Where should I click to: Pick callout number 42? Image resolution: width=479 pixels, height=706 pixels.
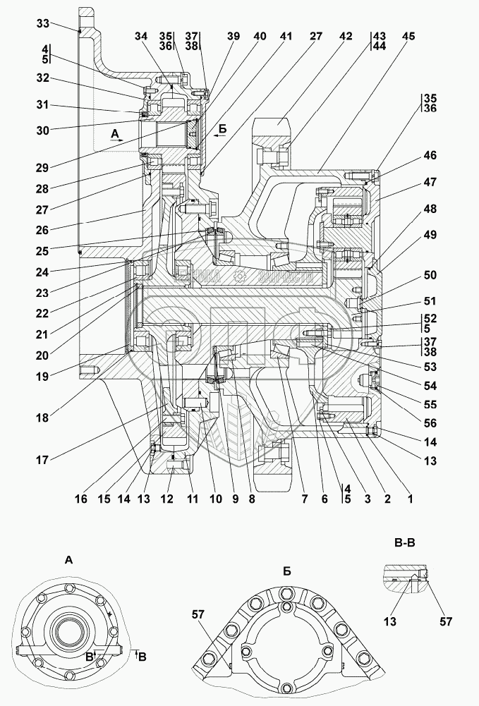click(345, 37)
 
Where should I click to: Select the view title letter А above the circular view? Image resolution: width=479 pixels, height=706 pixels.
click(68, 560)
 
